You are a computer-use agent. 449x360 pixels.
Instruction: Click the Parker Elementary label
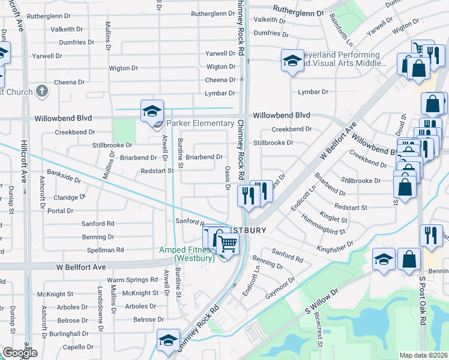[200, 124]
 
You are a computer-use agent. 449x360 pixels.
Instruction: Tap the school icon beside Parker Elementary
[152, 111]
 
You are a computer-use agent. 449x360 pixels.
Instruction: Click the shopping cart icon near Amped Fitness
[228, 243]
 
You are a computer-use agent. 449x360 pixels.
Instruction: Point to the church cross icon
[41, 91]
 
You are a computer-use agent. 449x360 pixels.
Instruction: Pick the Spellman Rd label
[104, 250]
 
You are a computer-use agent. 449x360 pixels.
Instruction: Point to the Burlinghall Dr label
[69, 333]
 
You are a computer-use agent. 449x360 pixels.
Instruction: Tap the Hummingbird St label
[325, 226]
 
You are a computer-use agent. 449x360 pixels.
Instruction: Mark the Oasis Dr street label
[228, 178]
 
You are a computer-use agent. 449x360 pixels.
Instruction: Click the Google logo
[20, 353]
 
